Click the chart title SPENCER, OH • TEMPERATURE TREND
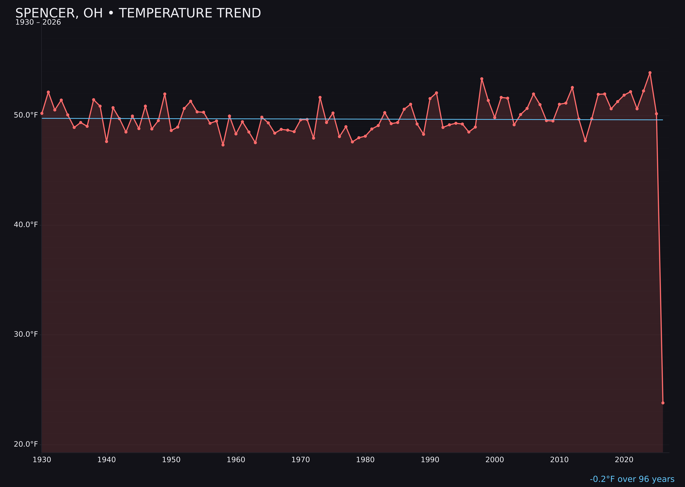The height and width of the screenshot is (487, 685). (138, 13)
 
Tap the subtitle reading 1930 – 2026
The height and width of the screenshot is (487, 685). (38, 22)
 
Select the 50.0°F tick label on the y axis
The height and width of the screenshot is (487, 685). (26, 115)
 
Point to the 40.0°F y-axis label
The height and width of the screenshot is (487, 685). (26, 225)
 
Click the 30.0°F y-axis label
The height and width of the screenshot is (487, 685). (26, 334)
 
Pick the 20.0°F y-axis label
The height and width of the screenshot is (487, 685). (26, 444)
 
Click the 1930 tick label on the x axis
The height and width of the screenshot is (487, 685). (42, 460)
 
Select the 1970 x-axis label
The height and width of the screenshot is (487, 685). (301, 460)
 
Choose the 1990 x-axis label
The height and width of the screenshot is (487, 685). (430, 460)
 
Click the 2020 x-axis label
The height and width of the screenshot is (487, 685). (624, 460)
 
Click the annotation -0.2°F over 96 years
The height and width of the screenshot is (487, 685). (632, 479)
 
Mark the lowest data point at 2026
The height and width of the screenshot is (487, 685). (663, 403)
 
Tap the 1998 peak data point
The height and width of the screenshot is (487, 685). (482, 79)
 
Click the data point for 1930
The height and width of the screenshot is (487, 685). (42, 113)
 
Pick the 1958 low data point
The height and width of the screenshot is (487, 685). (223, 145)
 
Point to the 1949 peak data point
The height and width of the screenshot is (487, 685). (165, 94)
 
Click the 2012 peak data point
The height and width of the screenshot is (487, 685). (572, 88)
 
